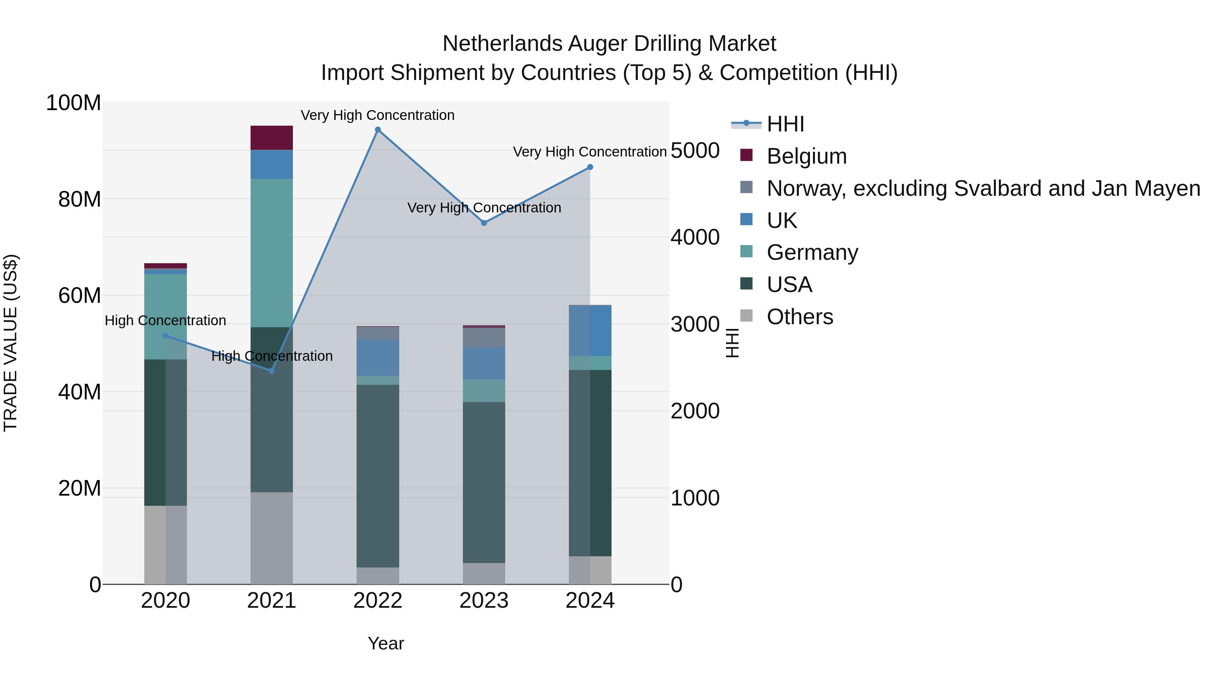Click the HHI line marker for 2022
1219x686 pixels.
pos(378,130)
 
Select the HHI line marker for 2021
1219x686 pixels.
pos(272,371)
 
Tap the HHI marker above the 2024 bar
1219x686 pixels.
pos(590,167)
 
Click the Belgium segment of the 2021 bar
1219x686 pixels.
pos(272,138)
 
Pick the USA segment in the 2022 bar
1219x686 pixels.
pos(378,476)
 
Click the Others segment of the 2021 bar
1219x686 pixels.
pos(272,538)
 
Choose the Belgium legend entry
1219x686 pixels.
pos(806,156)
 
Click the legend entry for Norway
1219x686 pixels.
pos(983,188)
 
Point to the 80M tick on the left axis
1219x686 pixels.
pos(80,199)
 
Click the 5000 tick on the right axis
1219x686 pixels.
pos(695,150)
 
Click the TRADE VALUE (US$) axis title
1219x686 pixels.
pos(10,343)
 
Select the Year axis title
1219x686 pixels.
pos(386,643)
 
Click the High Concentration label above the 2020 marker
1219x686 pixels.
pos(165,320)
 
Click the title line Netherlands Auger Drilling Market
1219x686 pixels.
pos(609,44)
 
